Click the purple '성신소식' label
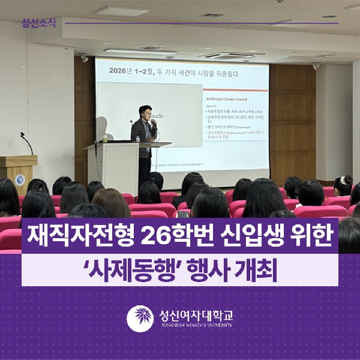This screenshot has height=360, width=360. click(38, 23)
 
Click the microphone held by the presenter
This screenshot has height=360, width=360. click(152, 123)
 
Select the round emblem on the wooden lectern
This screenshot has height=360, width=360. click(20, 179)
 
